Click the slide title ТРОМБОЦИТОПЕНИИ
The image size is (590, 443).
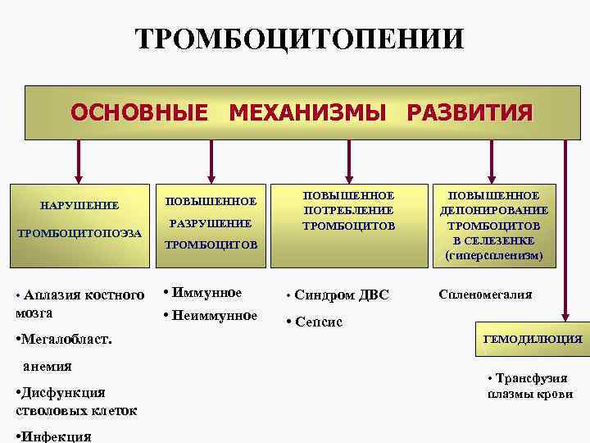pos(300,39)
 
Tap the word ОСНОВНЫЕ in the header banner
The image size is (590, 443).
pos(139,112)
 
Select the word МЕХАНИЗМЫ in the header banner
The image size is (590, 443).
pos(306,112)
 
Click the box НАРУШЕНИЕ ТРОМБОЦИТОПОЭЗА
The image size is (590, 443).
pos(79,219)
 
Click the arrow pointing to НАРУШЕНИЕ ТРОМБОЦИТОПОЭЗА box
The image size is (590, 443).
pos(79,161)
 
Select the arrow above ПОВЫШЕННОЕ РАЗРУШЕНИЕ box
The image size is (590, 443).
pos(212,161)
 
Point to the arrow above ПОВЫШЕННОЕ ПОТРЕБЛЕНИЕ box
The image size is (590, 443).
pos(349,161)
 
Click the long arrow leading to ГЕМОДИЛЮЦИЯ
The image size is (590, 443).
pos(564,230)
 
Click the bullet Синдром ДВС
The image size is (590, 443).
pos(341,295)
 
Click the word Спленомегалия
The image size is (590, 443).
pos(485,294)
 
